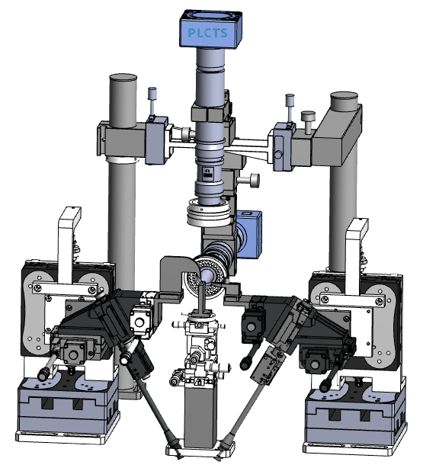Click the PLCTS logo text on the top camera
208,33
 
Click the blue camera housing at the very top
210,28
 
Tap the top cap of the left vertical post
123,78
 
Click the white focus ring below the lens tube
209,213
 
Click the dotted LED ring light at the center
203,276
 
